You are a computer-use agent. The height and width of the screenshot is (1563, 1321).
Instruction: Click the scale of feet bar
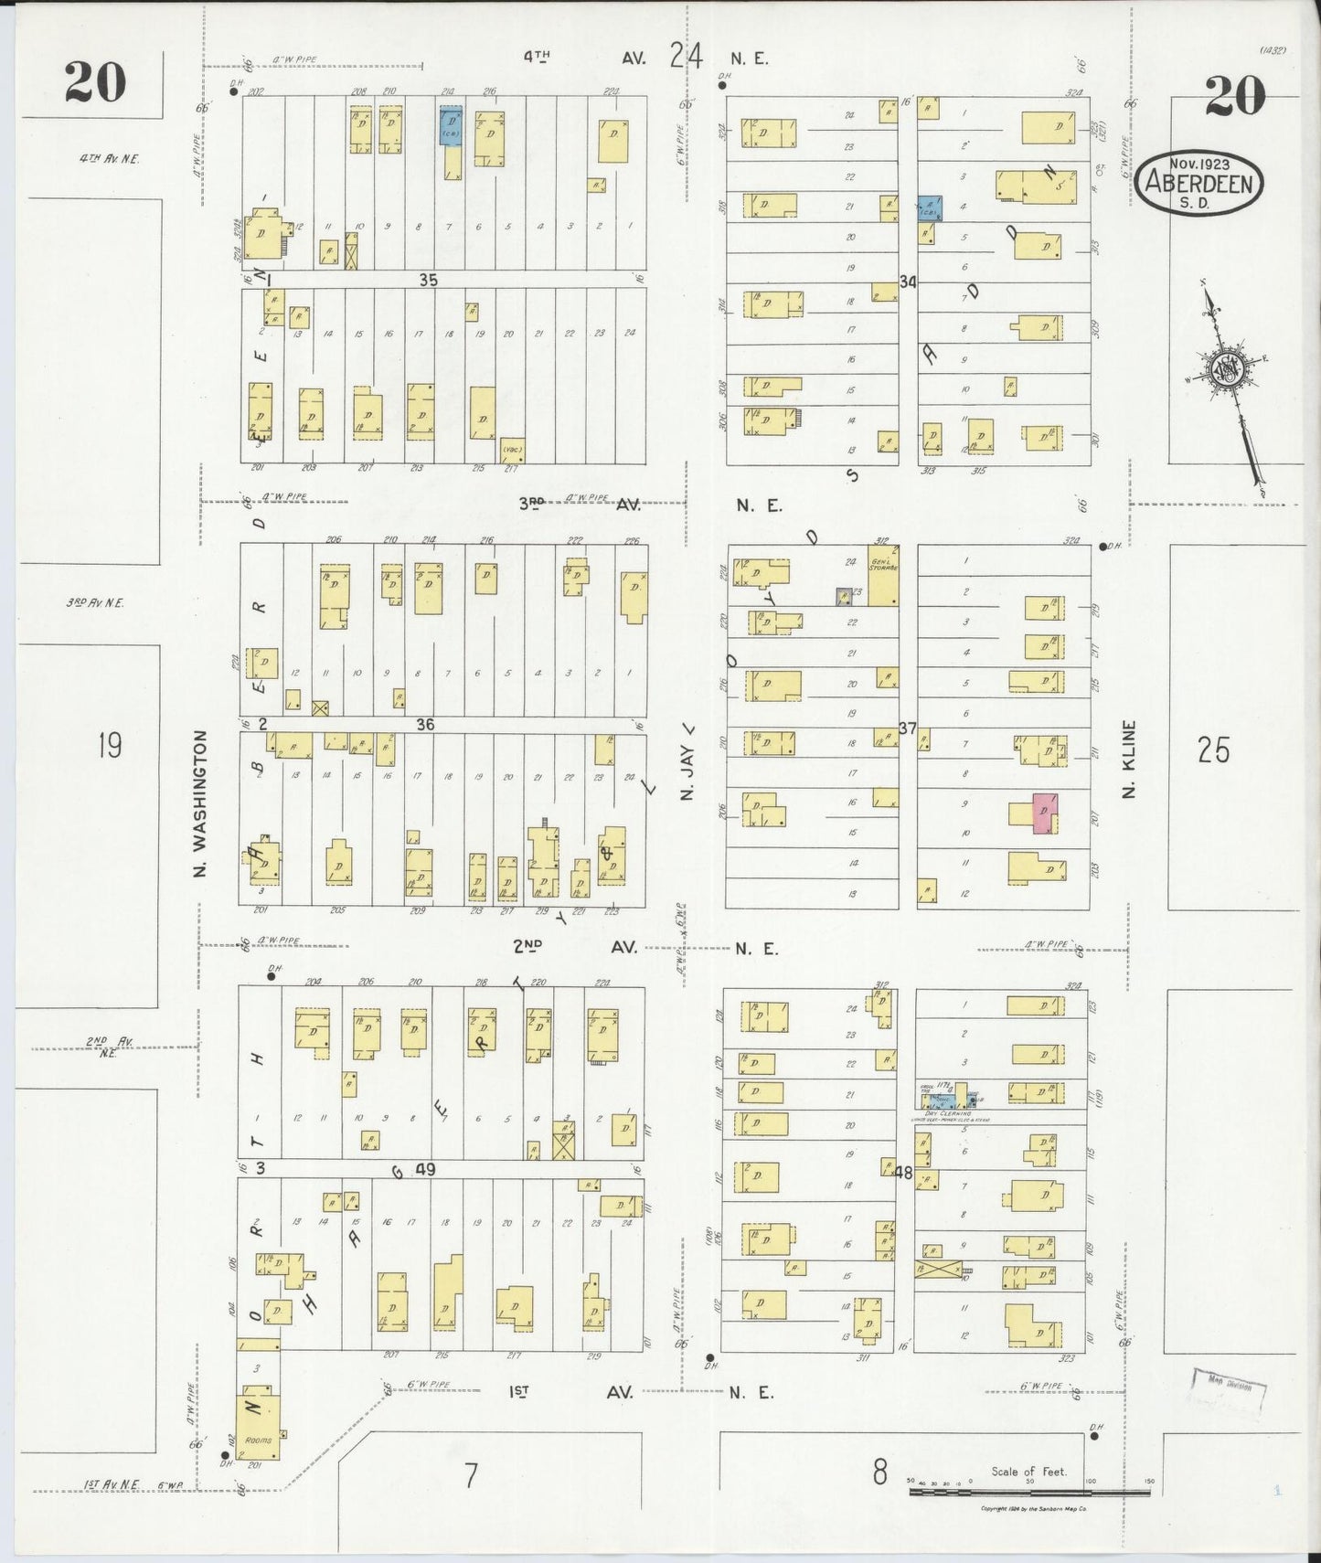coord(1028,1492)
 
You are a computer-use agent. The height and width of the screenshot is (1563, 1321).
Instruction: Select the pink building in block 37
coord(1043,813)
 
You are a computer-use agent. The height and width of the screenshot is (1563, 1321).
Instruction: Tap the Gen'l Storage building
coord(882,575)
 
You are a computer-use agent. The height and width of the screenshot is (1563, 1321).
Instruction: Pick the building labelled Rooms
coord(257,1427)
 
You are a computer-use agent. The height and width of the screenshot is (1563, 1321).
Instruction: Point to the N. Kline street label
coord(1129,759)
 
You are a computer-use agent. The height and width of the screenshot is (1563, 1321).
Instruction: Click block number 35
coord(428,280)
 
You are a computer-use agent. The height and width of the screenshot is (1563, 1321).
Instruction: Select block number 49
coord(424,1169)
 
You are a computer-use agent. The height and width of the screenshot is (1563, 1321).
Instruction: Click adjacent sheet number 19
coord(109,747)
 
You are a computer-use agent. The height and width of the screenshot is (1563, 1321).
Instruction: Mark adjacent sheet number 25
coord(1213,750)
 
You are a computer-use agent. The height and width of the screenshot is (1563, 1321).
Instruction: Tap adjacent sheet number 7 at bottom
coord(470,1475)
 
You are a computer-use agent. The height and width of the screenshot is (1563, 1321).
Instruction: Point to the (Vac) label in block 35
coord(511,449)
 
